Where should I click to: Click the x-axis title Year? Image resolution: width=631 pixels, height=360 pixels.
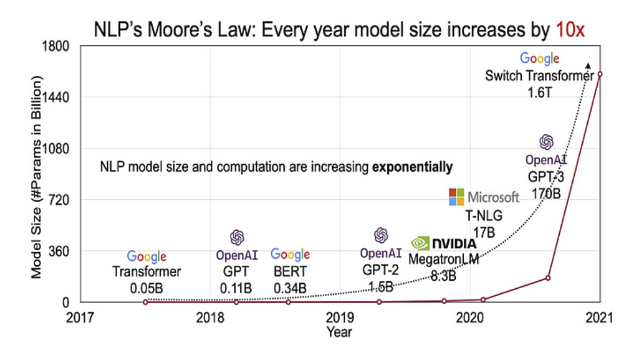[340, 332]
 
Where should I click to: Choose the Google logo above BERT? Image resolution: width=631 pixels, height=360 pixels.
[290, 255]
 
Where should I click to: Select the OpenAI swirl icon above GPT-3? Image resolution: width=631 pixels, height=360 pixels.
[546, 142]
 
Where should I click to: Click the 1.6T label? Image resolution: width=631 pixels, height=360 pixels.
[540, 92]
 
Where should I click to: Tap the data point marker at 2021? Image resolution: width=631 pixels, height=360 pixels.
[600, 74]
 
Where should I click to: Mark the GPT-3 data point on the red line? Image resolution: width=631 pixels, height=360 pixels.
[548, 278]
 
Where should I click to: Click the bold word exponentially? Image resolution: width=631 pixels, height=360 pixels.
[412, 167]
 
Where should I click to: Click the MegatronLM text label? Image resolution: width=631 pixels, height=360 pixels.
[444, 259]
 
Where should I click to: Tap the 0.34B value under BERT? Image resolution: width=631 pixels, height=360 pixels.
[290, 287]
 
